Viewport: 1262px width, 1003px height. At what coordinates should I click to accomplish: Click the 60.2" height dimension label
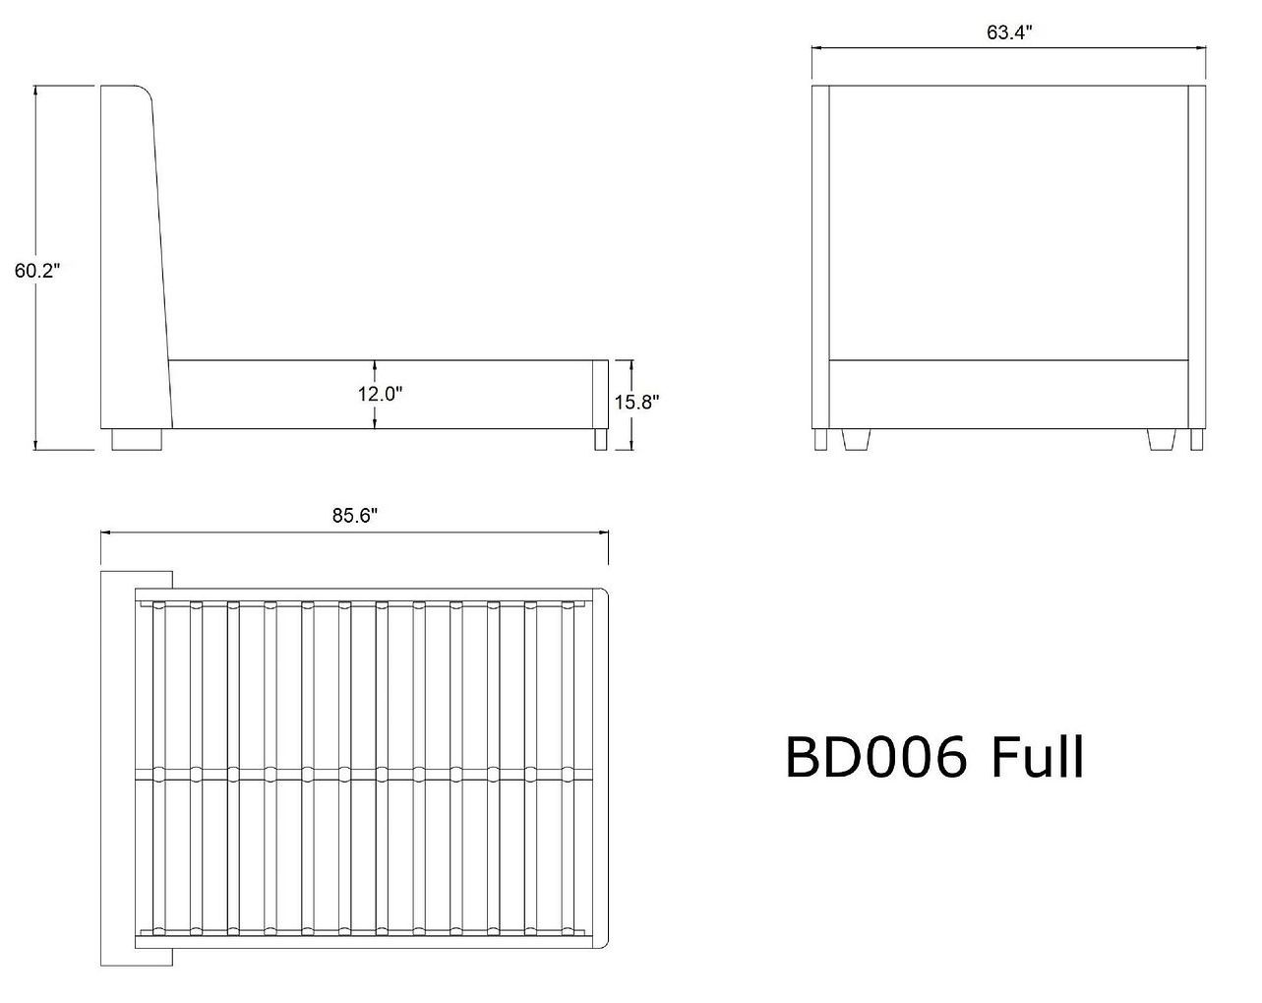click(x=37, y=271)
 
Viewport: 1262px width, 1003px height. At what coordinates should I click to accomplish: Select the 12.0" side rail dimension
click(x=380, y=394)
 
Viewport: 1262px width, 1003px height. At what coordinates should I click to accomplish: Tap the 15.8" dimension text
click(x=636, y=402)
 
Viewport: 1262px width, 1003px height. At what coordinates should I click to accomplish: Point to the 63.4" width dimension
click(x=1008, y=32)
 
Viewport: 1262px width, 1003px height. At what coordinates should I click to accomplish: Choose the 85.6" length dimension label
click(x=355, y=516)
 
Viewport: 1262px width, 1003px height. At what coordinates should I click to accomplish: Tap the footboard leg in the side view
click(x=600, y=439)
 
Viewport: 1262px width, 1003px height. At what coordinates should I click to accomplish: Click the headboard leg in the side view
click(x=137, y=439)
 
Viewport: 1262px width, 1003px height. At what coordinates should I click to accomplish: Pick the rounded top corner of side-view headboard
click(x=147, y=92)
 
